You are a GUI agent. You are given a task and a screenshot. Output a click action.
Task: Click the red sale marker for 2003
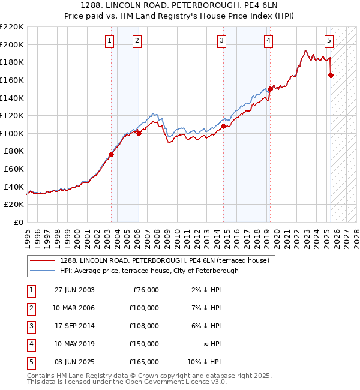111,154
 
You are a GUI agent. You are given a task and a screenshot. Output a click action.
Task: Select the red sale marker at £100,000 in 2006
139,133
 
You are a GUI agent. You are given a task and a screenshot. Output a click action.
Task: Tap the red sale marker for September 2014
223,126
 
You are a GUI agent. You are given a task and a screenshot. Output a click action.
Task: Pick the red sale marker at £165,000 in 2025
331,75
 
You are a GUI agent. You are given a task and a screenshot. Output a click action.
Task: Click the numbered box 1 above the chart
110,41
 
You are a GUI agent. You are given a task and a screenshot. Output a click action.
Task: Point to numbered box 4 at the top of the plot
268,41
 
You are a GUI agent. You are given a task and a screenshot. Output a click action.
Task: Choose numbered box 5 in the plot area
329,41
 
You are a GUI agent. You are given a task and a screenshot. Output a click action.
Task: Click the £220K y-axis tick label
12,27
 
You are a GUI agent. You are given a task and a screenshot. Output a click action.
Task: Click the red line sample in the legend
43,260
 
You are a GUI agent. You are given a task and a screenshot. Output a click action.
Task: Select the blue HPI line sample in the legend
43,271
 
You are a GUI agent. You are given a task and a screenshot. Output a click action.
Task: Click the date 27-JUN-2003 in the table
74,290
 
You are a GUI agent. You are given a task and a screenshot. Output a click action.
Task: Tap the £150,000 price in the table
144,344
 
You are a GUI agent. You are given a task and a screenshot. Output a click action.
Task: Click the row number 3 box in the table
31,326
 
